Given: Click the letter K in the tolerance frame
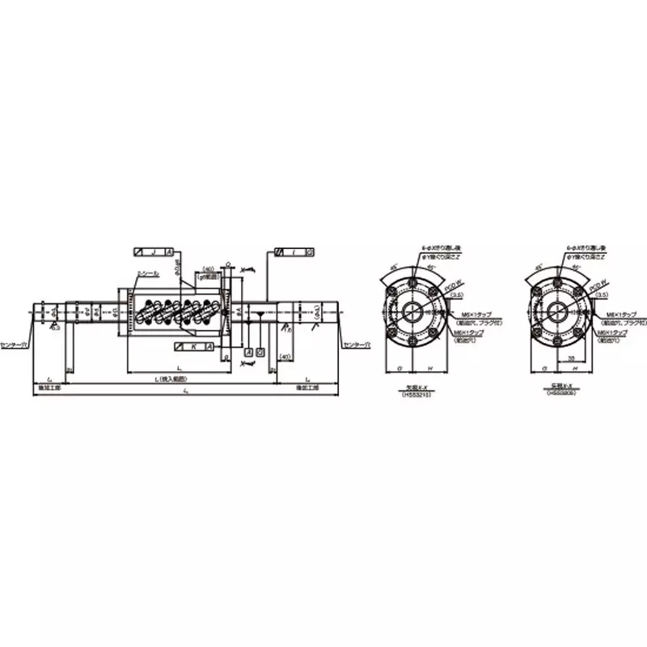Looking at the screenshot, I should pos(194,345).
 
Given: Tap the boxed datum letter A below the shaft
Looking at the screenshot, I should pos(248,353).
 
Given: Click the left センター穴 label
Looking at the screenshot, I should pos(14,345).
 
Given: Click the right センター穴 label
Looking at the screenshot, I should pos(356,345).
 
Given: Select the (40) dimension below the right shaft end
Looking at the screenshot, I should pos(284,356).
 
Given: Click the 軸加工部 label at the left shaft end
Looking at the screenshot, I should pos(49,387).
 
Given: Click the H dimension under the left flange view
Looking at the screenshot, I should pos(429,368).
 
